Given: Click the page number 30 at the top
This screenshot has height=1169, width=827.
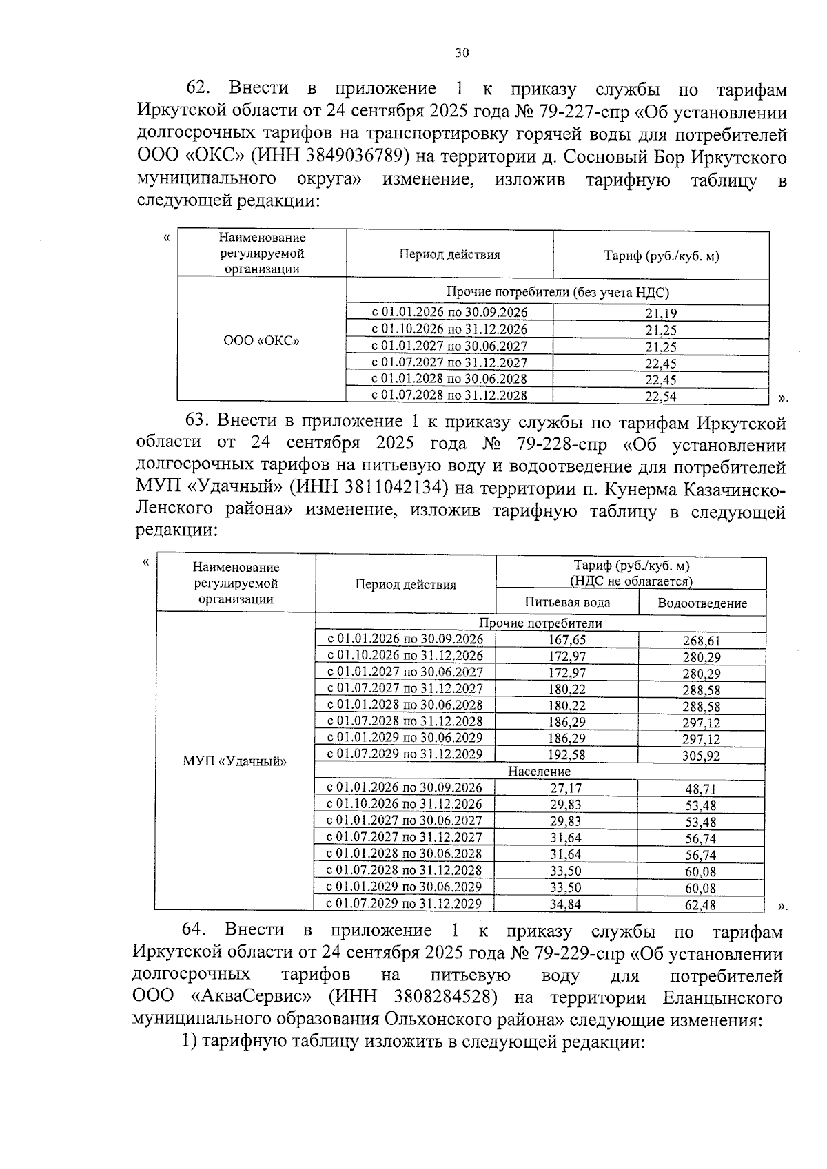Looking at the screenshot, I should (x=462, y=52).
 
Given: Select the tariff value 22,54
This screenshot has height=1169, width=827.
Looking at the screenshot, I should (x=660, y=396).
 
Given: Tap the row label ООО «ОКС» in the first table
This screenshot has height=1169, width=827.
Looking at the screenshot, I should (x=261, y=341).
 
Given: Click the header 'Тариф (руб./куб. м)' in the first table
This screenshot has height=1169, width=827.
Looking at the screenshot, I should (x=661, y=256).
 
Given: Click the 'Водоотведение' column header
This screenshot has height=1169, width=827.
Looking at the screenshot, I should (x=702, y=603).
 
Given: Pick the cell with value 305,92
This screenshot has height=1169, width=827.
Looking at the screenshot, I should (x=702, y=755).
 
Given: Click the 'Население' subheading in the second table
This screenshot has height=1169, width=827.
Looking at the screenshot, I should (x=540, y=772).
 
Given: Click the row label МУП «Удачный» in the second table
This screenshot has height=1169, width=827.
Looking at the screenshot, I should (x=234, y=761).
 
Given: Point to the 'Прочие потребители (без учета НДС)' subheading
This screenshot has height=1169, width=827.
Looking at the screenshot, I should (x=558, y=292).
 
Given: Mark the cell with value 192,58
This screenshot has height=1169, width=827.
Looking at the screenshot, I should (x=568, y=755).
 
